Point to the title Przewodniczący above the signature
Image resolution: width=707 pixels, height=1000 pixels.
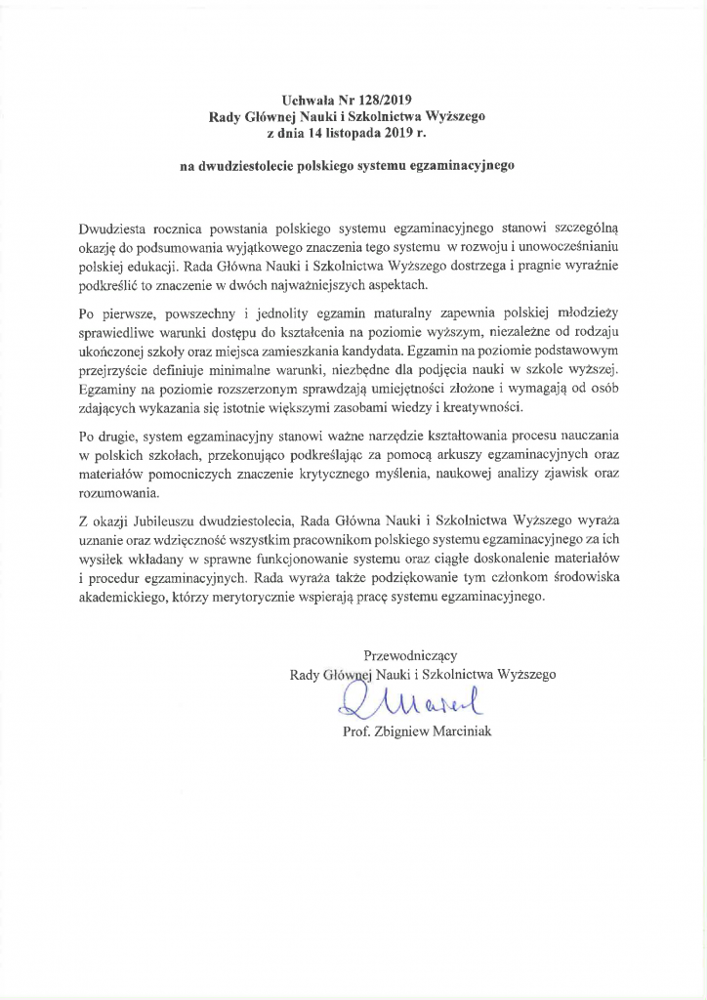click(x=410, y=653)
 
